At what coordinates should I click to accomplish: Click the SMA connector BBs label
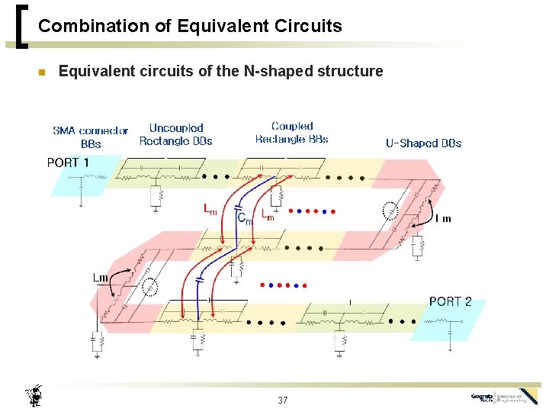[x=91, y=137]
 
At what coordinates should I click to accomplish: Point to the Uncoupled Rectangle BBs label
[x=176, y=134]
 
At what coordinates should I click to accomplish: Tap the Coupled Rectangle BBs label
[x=292, y=132]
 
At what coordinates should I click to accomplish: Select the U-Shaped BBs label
[x=423, y=143]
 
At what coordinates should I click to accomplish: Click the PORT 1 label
[x=68, y=163]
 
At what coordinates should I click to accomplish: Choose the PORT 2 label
[x=450, y=301]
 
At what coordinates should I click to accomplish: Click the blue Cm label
[x=245, y=219]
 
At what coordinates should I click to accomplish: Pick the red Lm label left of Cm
[x=210, y=208]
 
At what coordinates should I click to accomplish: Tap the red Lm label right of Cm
[x=268, y=215]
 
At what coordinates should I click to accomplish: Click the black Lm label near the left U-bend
[x=101, y=277]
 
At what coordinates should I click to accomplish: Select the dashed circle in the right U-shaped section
[x=389, y=211]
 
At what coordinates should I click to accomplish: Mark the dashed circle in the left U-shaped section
[x=151, y=286]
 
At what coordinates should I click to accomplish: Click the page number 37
[x=283, y=401]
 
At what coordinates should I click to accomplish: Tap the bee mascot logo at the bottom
[x=34, y=395]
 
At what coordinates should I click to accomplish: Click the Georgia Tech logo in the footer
[x=503, y=397]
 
